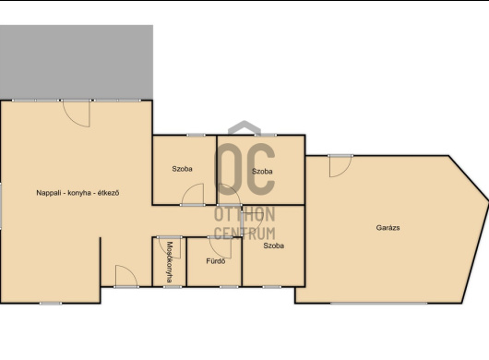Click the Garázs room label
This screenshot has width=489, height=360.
(x=388, y=228)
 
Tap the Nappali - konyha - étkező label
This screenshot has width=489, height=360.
(x=78, y=193)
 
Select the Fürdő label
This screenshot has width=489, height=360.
(x=216, y=261)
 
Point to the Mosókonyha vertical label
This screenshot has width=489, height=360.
(x=170, y=262)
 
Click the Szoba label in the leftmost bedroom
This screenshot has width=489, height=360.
(x=182, y=169)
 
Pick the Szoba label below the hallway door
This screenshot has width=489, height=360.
(x=273, y=246)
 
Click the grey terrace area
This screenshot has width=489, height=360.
(x=77, y=63)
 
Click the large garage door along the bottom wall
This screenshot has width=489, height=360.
(x=379, y=303)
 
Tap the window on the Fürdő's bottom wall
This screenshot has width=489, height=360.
(x=229, y=287)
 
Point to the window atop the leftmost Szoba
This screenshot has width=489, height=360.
(x=197, y=135)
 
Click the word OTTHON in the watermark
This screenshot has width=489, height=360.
(x=244, y=214)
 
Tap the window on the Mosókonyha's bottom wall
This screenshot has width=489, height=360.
(x=173, y=287)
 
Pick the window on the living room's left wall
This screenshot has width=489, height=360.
(x=1, y=206)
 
